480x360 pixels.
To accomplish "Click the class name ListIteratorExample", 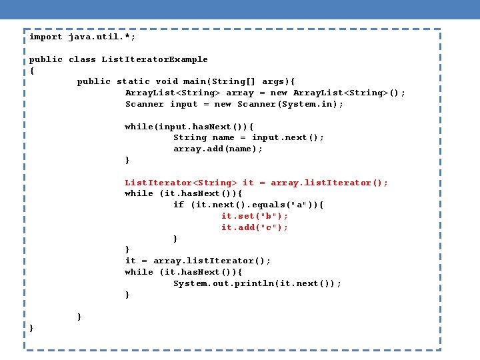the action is click(155, 59).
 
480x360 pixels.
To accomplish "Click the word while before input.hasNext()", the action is click(139, 127).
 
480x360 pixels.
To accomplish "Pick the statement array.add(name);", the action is click(218, 149).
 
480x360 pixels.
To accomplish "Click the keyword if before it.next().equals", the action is click(179, 205).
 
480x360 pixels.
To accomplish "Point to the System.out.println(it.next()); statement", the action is click(257, 283).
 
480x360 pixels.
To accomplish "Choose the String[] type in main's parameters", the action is click(238, 81).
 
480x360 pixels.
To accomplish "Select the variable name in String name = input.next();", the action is click(223, 137).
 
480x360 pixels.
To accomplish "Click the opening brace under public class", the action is click(31, 71).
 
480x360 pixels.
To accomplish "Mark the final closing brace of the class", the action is click(31, 328).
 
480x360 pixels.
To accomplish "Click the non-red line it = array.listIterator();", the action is click(198, 261).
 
